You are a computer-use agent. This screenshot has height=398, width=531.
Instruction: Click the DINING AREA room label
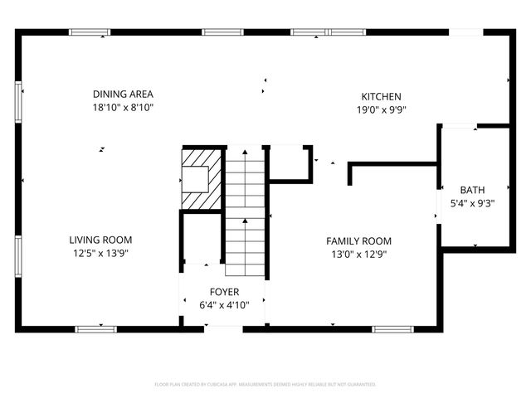(123, 94)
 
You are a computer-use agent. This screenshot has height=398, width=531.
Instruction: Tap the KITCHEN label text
(381, 96)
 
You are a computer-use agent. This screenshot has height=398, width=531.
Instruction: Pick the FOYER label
(224, 292)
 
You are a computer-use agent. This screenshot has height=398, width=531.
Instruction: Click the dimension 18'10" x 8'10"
(123, 108)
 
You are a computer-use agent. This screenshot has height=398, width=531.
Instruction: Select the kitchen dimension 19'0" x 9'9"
(381, 109)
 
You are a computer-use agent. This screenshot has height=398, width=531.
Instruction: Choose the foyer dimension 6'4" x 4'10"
(224, 305)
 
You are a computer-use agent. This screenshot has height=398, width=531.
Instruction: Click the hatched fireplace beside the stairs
(202, 178)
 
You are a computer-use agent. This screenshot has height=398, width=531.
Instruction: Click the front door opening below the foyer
(223, 329)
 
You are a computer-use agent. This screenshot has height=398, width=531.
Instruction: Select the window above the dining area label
(90, 32)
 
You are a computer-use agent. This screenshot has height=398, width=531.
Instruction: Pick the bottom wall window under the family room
(392, 329)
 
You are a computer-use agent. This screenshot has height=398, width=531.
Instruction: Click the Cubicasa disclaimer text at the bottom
(265, 385)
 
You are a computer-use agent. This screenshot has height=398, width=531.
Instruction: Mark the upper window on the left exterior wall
(19, 102)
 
